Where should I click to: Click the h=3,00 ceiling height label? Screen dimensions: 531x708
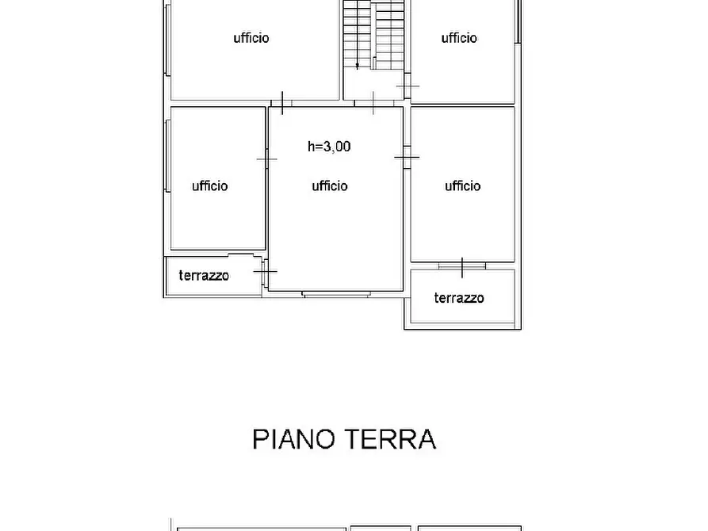coord(329,146)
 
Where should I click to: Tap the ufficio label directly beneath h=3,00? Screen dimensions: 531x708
coord(329,185)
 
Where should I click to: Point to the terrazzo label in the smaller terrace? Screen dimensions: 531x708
coord(204,276)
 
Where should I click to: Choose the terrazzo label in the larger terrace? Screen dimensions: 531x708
coord(459,298)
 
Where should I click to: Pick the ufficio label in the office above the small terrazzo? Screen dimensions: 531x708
coord(209,185)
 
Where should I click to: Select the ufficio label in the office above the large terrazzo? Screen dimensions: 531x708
coord(462,185)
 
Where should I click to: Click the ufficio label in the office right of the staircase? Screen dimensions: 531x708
coord(459,37)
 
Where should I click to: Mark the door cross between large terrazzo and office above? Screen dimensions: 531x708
coord(462,264)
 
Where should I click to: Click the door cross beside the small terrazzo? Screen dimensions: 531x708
coord(266,272)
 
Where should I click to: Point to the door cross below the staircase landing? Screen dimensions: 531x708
coord(373,103)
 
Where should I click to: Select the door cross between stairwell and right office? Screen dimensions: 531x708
coord(408,86)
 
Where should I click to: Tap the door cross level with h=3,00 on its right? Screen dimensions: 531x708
coord(407,158)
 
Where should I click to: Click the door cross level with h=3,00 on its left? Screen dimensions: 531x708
coord(267,159)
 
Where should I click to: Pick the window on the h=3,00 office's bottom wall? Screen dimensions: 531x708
coord(335,294)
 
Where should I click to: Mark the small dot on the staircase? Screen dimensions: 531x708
coord(358,65)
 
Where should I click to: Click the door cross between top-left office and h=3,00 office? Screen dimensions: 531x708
coord(282,102)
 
